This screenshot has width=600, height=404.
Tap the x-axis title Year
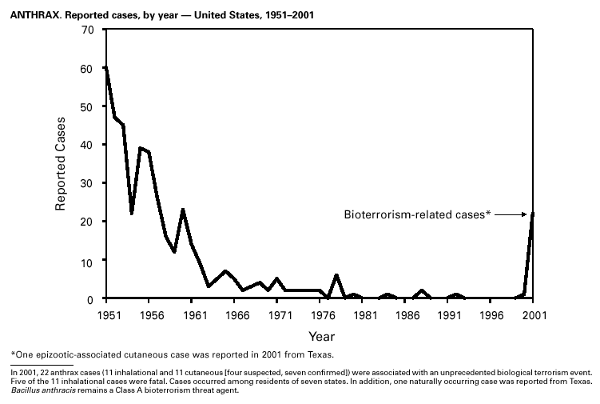[x=322, y=336]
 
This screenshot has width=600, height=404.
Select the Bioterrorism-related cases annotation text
[x=416, y=214]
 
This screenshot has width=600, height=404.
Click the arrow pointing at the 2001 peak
[x=511, y=214]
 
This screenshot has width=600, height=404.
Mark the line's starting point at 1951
[x=105, y=69]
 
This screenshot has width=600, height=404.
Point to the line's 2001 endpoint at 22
[x=533, y=214]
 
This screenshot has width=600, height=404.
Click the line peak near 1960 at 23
[x=183, y=210]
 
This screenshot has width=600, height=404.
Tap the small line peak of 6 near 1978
[x=336, y=275]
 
